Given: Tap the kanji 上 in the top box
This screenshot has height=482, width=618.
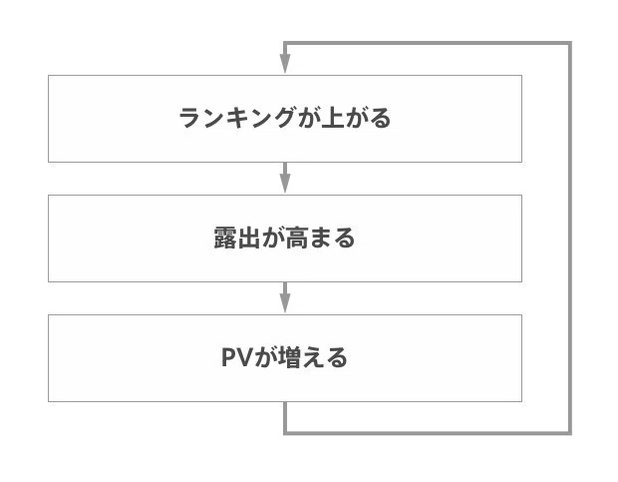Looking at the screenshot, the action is pos(333,118).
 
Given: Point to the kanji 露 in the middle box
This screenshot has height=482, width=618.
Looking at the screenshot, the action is pos(225,238).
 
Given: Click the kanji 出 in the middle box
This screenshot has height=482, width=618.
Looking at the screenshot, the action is pos(249,238).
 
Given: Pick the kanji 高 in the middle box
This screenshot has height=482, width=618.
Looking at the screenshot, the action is pos(296,238).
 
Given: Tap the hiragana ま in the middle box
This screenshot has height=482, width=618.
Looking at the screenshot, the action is pos(320,238).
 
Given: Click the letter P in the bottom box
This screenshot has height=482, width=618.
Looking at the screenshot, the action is pos(229,357).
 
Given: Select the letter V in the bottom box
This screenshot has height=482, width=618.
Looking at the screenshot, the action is pos(245,357).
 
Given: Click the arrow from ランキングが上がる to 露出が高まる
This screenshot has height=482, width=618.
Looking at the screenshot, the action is pos(285,178).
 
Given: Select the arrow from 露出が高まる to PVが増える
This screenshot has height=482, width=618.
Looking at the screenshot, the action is pos(285,297).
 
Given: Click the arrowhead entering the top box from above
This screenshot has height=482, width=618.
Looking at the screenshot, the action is pos(285,64).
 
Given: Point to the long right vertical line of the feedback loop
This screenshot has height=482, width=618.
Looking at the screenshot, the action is pos(570,239).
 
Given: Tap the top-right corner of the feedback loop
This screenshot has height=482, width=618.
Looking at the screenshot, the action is pos(570,43).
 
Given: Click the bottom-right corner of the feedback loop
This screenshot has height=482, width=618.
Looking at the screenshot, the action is pos(570,433).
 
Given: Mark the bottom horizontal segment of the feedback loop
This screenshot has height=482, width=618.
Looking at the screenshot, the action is pos(428,433).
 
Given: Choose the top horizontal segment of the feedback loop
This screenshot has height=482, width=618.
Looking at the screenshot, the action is pos(428,43).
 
